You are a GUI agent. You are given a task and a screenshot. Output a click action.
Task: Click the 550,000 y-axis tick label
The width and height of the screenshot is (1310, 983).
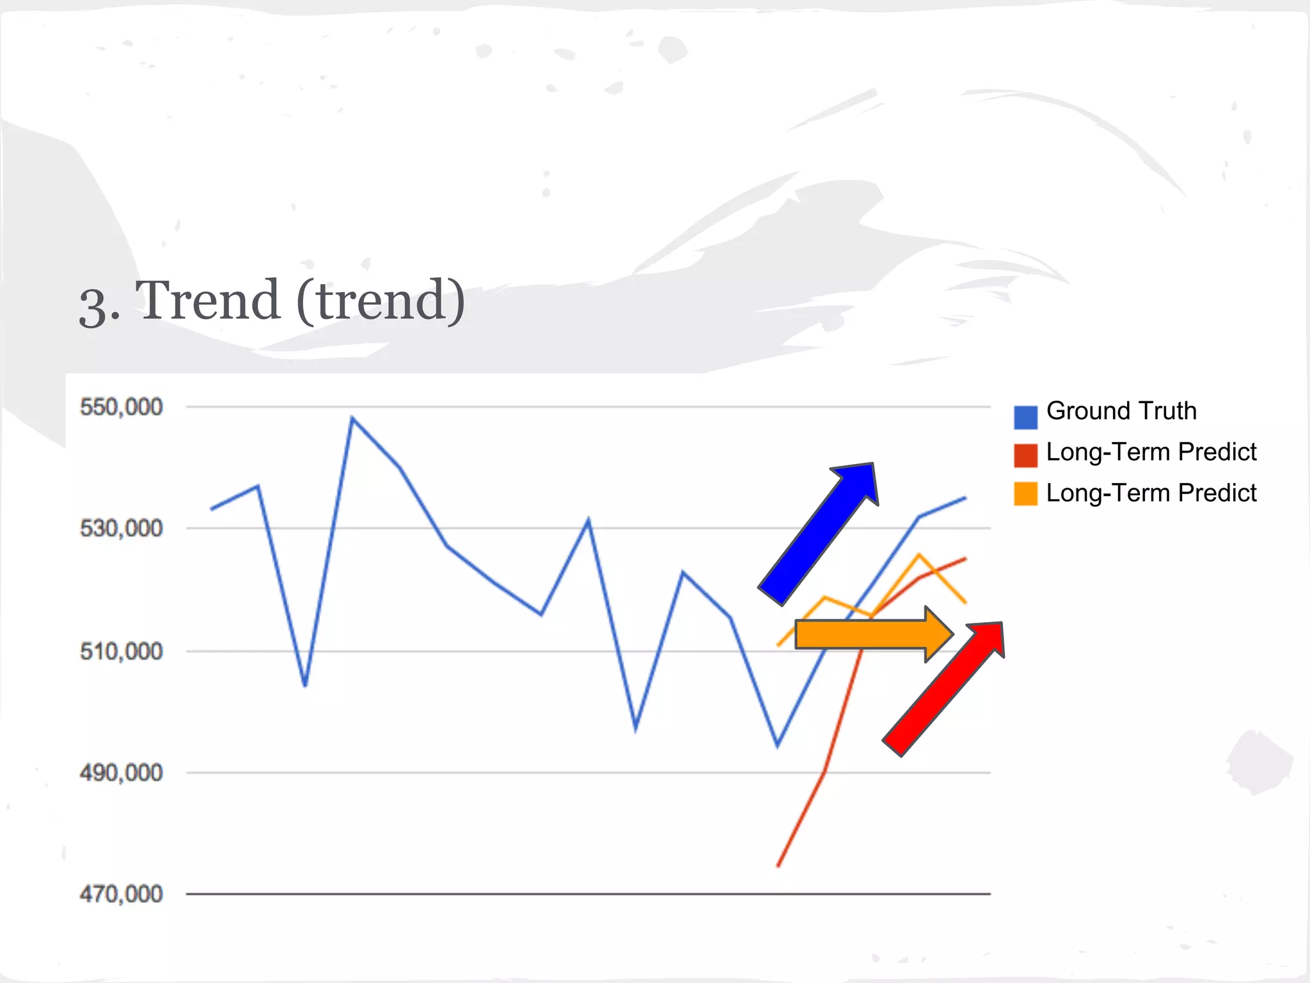pyautogui.click(x=121, y=407)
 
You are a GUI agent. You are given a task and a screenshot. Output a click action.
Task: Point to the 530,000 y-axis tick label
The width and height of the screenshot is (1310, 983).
pyautogui.click(x=121, y=529)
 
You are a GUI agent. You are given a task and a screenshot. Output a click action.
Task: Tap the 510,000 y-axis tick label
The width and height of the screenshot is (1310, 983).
pyautogui.click(x=121, y=651)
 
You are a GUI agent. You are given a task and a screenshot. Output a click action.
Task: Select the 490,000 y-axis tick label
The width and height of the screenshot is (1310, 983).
pyautogui.click(x=121, y=773)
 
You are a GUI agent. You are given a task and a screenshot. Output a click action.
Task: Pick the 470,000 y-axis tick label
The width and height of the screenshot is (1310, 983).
pyautogui.click(x=121, y=894)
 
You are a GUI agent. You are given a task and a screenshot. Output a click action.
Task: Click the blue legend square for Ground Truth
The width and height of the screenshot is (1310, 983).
pyautogui.click(x=1025, y=417)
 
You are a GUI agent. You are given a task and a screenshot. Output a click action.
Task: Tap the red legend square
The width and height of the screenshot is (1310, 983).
pyautogui.click(x=1025, y=455)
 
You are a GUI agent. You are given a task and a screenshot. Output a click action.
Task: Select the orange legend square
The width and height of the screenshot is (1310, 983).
pyautogui.click(x=1025, y=493)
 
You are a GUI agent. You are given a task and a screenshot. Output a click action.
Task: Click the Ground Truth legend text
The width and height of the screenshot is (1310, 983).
pyautogui.click(x=1121, y=411)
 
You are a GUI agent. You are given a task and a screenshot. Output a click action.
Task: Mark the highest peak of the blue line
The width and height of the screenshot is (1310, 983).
pyautogui.click(x=352, y=418)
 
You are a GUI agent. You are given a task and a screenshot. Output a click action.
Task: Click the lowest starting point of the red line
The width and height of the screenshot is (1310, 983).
pyautogui.click(x=778, y=866)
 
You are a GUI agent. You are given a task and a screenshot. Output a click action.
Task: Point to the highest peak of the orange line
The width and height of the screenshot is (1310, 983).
pyautogui.click(x=919, y=554)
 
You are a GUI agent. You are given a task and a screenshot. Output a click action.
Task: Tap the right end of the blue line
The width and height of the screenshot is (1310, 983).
pyautogui.click(x=965, y=498)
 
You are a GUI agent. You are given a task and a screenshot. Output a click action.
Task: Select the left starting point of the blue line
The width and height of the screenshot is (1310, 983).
pyautogui.click(x=212, y=509)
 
